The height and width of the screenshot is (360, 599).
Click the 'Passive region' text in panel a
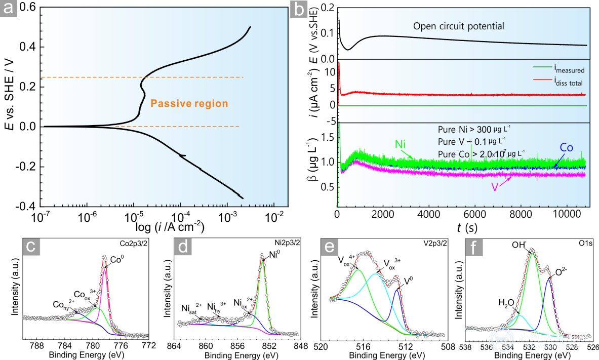(x=189, y=104)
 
